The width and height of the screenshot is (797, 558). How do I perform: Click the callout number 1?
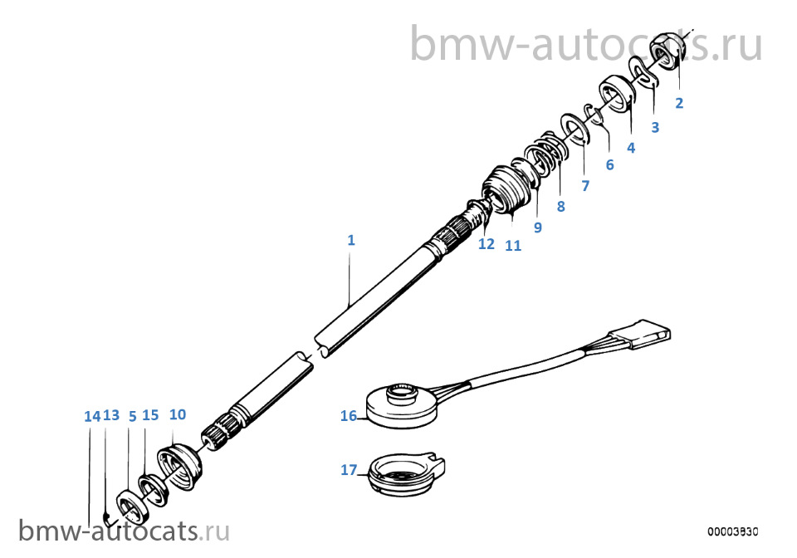(350, 240)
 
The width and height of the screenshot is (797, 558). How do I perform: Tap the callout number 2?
(679, 103)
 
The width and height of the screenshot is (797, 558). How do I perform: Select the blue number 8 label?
(560, 206)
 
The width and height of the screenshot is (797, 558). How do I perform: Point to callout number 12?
(487, 244)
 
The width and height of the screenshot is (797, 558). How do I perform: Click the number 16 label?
(349, 416)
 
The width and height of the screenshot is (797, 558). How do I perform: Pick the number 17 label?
(349, 470)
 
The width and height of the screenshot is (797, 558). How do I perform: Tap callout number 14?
(92, 416)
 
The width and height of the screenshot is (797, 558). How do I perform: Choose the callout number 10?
(178, 414)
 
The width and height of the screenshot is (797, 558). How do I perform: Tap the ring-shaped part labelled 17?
(406, 475)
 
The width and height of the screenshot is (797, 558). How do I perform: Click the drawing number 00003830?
(732, 531)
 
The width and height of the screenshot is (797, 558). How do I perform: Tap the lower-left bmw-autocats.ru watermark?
(124, 531)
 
